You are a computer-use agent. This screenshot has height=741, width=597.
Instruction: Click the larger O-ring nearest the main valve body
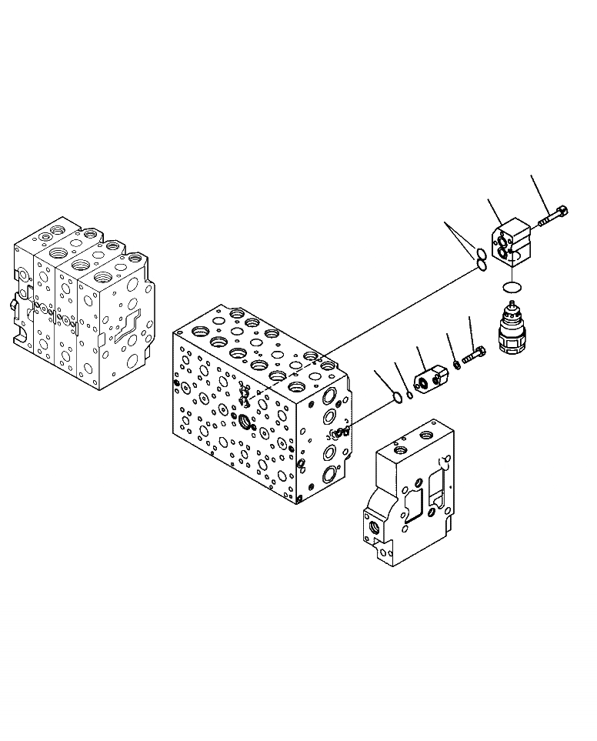pyautogui.click(x=396, y=397)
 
